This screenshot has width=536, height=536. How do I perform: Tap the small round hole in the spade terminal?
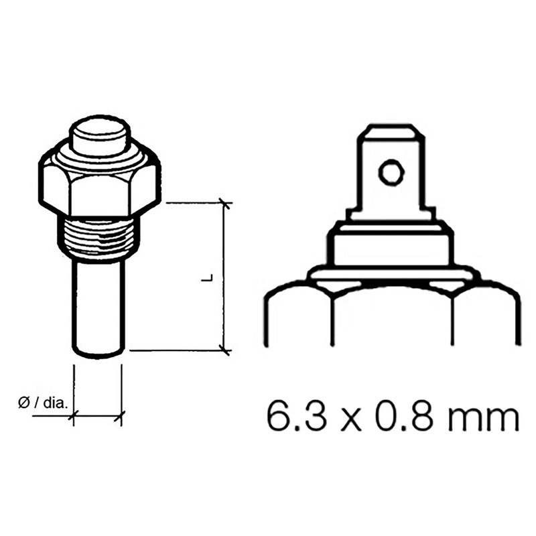click(x=391, y=173)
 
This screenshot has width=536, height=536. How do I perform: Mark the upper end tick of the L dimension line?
click(x=225, y=203)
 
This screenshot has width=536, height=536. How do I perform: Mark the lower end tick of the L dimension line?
click(x=225, y=349)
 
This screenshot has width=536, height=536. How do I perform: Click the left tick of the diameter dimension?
click(x=73, y=417)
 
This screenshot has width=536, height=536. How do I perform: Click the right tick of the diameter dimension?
click(x=121, y=417)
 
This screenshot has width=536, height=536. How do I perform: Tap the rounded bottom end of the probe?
click(x=98, y=352)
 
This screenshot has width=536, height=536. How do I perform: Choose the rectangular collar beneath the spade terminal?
click(x=391, y=245)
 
